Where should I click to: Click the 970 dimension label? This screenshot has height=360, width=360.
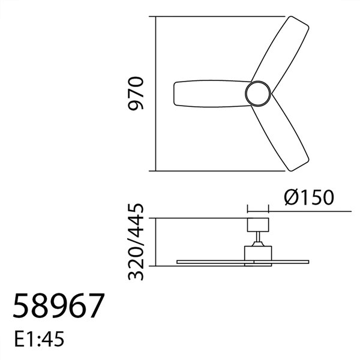[x=138, y=94]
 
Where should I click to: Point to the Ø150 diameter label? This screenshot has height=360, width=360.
[x=307, y=197]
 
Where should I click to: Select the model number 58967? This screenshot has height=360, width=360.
[x=58, y=306]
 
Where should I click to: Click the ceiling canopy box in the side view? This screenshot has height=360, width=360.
[x=258, y=226]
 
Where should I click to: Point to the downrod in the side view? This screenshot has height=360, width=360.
[x=258, y=239]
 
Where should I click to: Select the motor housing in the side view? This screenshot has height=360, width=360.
[x=258, y=252]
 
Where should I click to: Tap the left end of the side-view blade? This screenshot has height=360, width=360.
[x=179, y=261]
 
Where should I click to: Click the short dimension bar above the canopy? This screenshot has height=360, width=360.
[x=258, y=211]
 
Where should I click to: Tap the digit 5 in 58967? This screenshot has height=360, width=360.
[x=21, y=306]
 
